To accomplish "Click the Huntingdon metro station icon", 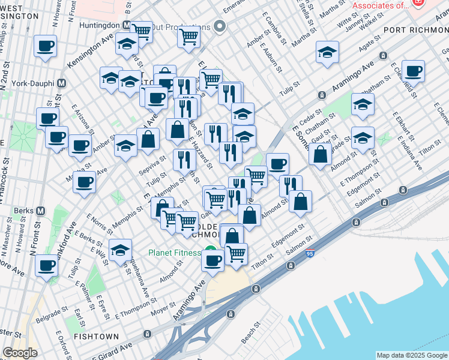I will tap(126, 26).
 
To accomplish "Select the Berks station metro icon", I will tap(41, 211).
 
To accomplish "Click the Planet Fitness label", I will tap(175, 252).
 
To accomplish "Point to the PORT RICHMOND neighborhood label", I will tap(415, 31).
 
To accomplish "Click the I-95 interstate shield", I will tap(310, 254).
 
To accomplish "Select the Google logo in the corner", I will tap(20, 353).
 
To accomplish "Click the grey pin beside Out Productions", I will tap(220, 27).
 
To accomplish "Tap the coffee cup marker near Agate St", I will tap(413, 71).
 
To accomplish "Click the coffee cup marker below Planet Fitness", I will tap(212, 260).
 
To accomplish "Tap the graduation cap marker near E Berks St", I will tap(121, 250).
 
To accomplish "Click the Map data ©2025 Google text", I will tap(412, 355).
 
